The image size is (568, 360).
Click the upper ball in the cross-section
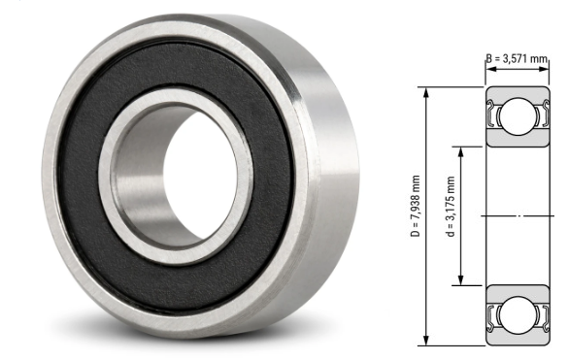coord(512,117)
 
